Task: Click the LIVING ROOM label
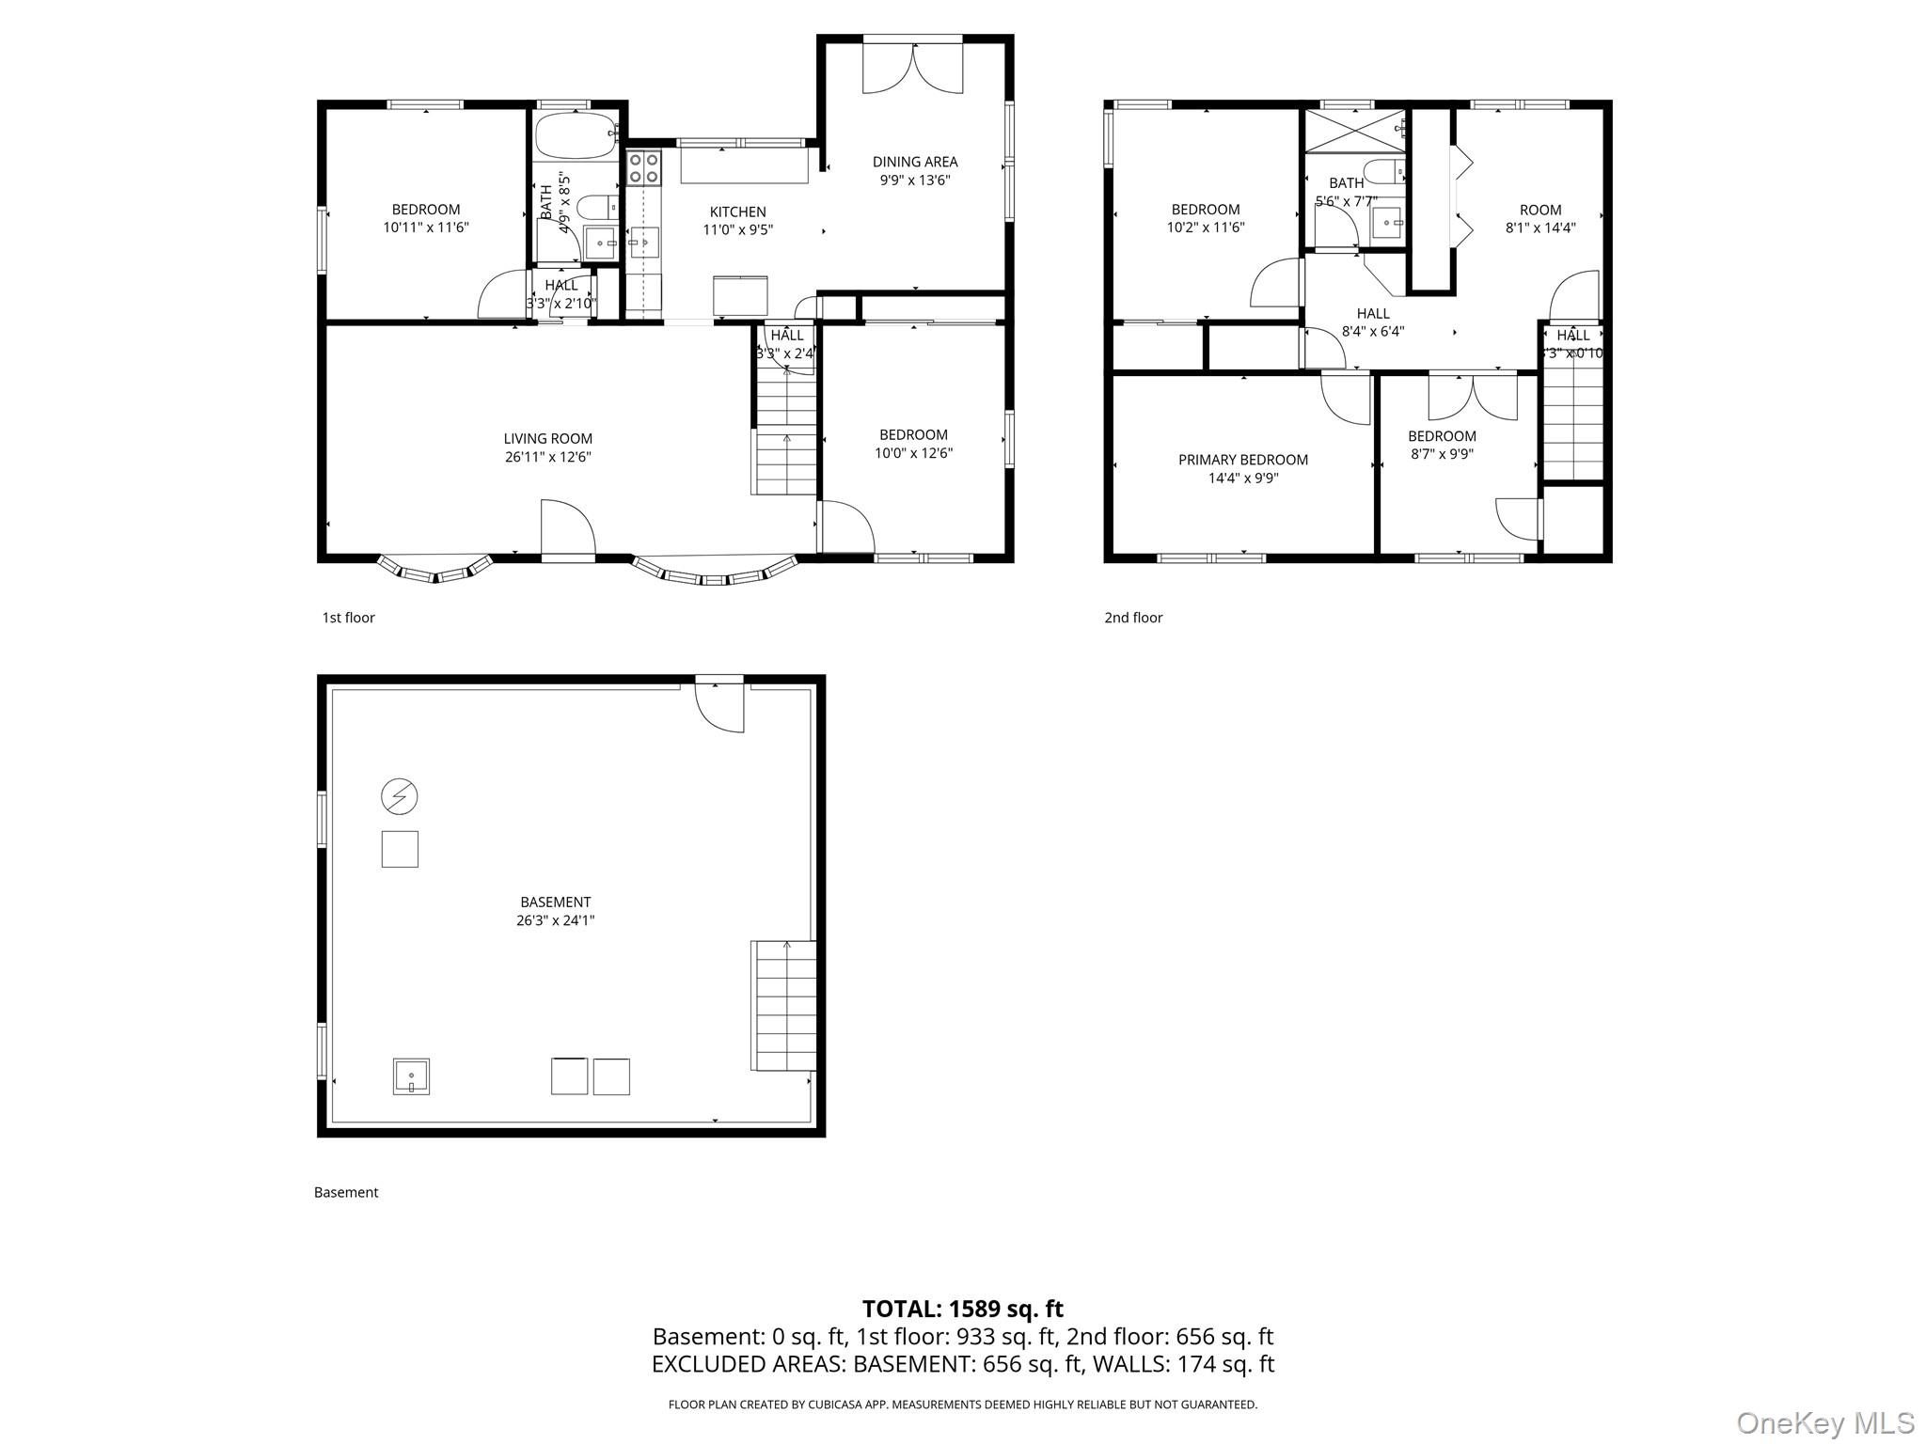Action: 547,438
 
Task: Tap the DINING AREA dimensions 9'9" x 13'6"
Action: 914,180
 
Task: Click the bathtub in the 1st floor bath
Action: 576,136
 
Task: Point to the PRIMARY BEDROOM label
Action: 1242,460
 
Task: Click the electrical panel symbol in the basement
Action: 399,796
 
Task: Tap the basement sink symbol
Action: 411,1076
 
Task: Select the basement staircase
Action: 782,1005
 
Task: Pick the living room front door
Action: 567,531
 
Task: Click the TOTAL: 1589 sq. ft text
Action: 962,1309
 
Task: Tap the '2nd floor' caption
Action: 1133,618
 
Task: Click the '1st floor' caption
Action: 348,618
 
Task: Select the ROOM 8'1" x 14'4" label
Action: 1539,218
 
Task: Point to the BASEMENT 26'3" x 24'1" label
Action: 555,911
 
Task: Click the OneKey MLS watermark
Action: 1824,1423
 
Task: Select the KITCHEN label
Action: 737,212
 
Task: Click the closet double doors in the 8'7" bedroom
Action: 1472,397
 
